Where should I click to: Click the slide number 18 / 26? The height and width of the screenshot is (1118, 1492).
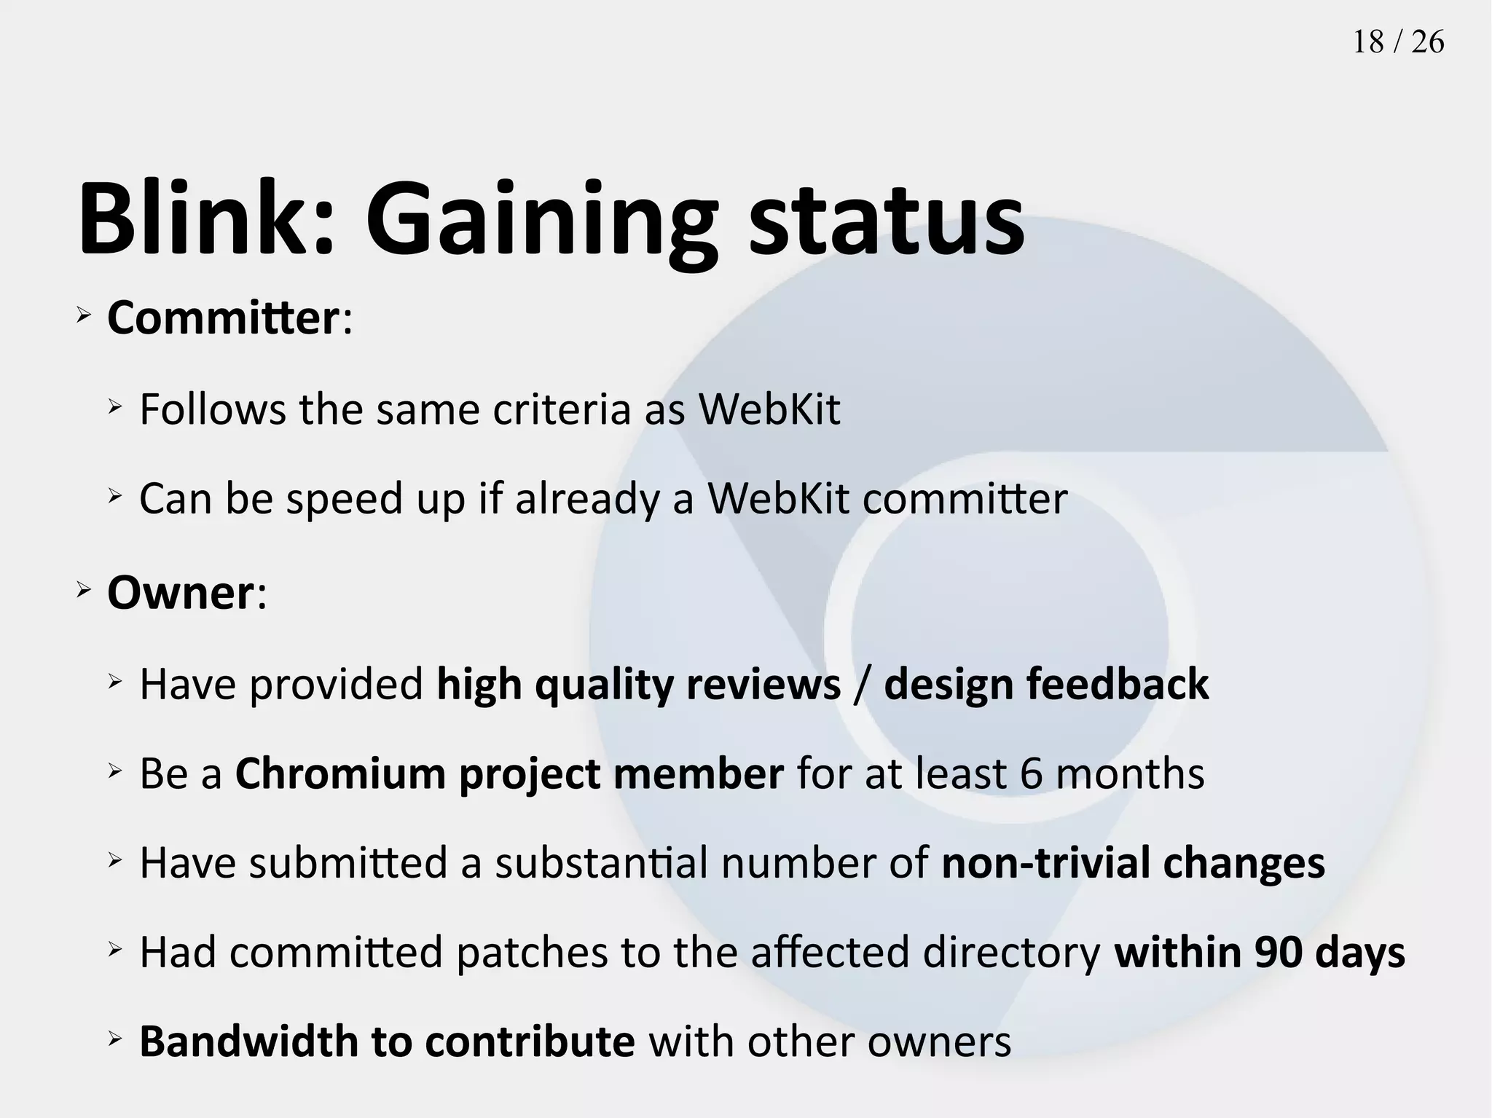[x=1398, y=42]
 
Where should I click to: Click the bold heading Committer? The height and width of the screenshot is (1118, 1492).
[x=223, y=318]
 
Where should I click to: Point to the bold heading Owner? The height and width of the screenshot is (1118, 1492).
[x=180, y=593]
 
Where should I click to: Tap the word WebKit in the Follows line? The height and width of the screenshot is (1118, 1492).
[x=769, y=409]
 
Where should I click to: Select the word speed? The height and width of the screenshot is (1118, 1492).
[x=344, y=500]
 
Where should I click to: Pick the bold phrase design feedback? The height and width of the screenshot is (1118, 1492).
[x=1046, y=685]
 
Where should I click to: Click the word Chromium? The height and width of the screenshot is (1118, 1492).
[x=340, y=773]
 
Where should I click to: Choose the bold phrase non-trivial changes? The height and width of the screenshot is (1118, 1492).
[x=1133, y=864]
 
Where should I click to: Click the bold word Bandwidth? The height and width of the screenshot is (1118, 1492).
[x=248, y=1042]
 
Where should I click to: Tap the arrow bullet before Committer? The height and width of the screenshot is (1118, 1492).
[x=83, y=315]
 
